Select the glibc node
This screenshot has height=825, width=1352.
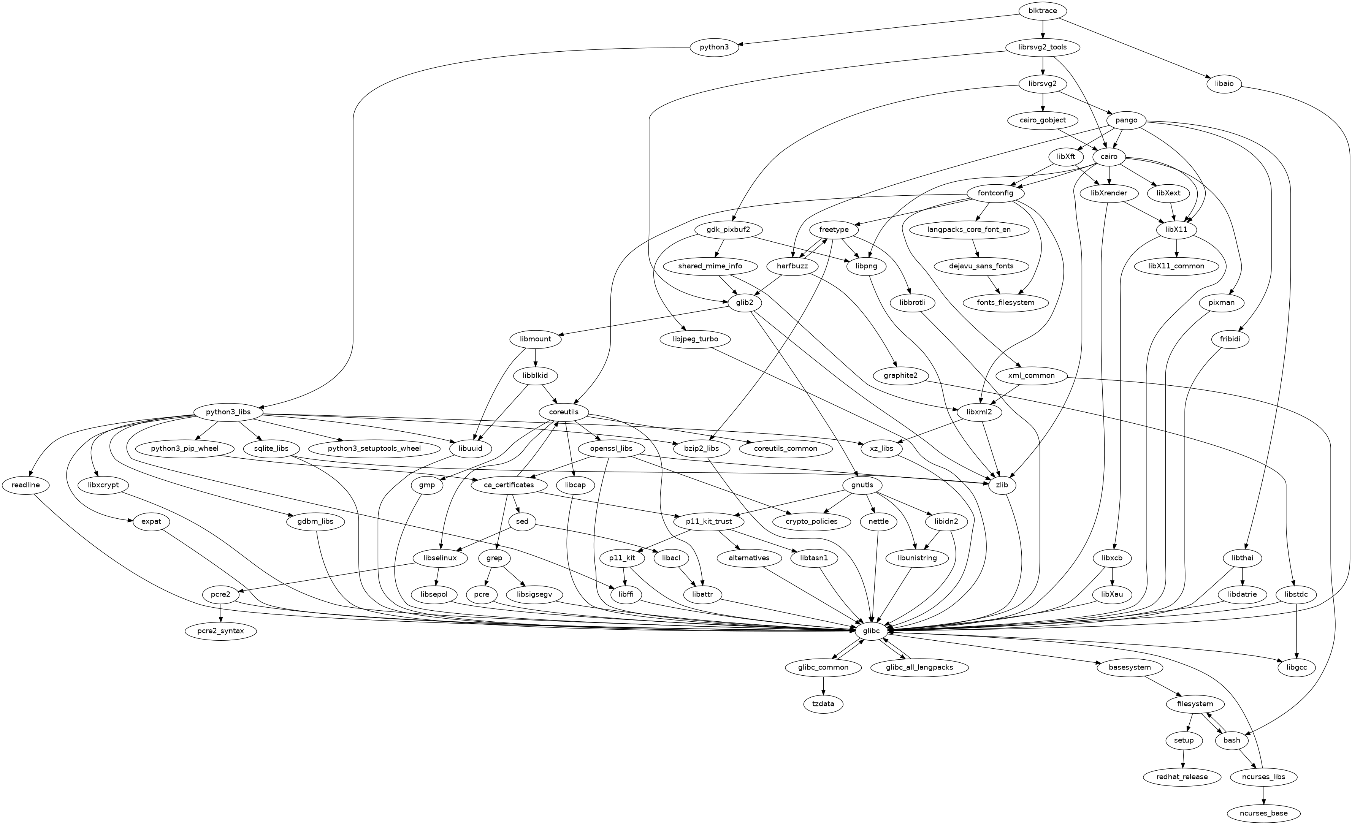coord(871,631)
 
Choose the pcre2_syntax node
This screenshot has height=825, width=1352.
coord(220,631)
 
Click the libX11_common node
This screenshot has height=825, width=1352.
coord(1176,266)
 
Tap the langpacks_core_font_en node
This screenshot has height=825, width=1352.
coord(968,229)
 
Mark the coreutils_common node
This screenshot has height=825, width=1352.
coord(785,448)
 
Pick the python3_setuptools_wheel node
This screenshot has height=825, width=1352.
coord(374,448)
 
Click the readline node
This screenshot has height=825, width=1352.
coord(25,485)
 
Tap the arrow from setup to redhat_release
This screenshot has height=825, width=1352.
coord(1183,758)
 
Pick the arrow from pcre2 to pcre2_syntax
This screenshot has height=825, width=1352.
coord(220,613)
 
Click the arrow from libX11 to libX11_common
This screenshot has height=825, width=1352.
coord(1176,248)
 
